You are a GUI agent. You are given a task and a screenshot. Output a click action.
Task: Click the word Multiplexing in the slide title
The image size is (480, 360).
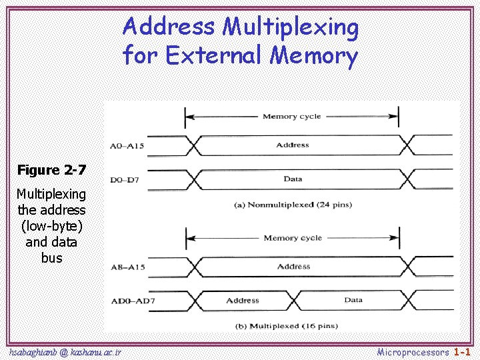point(290,28)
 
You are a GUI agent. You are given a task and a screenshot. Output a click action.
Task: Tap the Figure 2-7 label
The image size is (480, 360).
point(51,170)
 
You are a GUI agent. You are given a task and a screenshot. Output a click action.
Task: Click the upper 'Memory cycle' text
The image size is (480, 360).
point(291,116)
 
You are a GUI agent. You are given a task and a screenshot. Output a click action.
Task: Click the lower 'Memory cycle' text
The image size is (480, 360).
point(292,238)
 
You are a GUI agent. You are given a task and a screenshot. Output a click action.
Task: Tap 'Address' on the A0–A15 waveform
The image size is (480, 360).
point(293,144)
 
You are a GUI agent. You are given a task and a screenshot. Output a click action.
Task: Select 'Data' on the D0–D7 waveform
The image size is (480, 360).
point(293,179)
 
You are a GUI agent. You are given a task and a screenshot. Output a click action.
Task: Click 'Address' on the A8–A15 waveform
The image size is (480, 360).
point(293,266)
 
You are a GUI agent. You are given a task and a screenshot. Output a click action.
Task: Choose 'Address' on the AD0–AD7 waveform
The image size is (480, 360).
point(242,300)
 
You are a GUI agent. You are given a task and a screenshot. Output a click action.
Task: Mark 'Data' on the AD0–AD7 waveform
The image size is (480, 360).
point(353,300)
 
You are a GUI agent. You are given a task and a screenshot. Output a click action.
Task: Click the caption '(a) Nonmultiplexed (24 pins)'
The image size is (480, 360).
point(292,205)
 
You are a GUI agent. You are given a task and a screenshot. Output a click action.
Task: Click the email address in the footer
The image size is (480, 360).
point(65,351)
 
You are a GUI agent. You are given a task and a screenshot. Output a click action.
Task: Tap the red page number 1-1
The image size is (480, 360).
point(463,351)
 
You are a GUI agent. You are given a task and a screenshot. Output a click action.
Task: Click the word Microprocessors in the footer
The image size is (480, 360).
point(413,351)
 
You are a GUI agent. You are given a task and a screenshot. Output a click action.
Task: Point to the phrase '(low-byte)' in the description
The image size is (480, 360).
point(51,226)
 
